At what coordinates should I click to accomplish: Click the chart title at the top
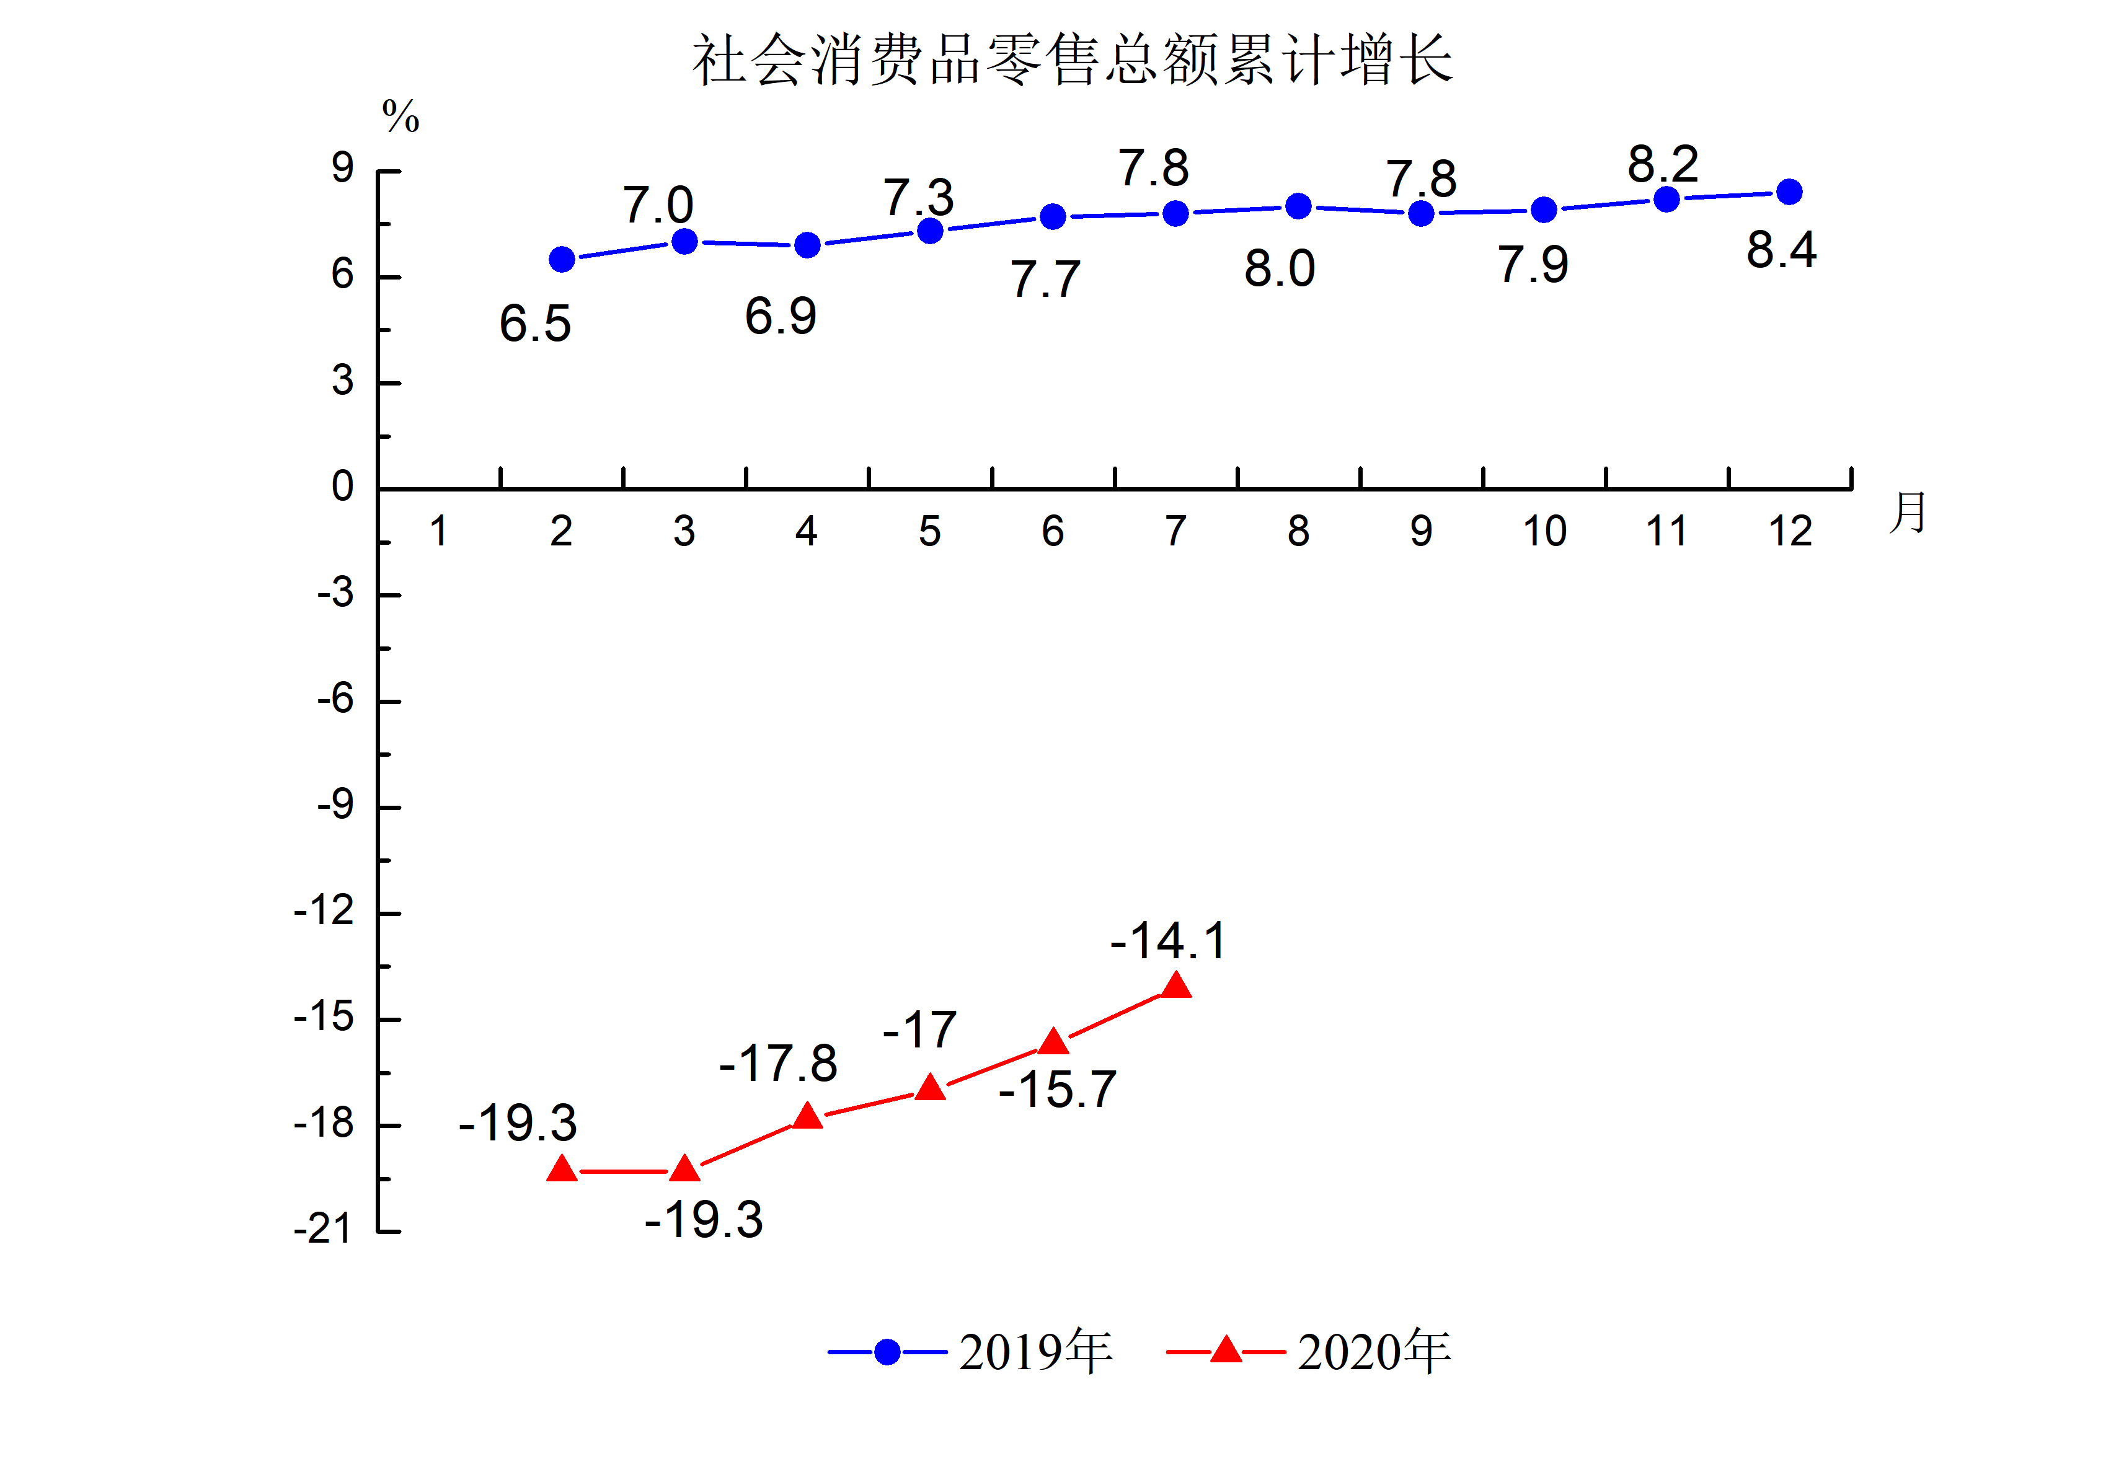[1072, 61]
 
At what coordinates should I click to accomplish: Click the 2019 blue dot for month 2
[562, 259]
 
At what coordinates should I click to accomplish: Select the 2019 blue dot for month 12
[1789, 192]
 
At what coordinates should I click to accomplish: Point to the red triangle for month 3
[684, 1168]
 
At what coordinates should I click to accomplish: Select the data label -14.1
[1167, 941]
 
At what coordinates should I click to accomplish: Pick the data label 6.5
[535, 324]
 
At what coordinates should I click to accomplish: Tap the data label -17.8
[778, 1064]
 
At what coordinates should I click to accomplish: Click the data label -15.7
[1057, 1090]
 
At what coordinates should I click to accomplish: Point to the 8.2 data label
[1662, 165]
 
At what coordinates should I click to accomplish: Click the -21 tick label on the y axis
[323, 1229]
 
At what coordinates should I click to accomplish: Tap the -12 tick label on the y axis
[324, 911]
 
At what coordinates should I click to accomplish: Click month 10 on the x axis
[1544, 531]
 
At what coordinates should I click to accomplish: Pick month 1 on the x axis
[438, 531]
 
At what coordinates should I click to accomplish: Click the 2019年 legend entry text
[1035, 1352]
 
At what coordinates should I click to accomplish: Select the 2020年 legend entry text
[1374, 1352]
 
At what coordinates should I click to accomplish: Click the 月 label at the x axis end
[1907, 512]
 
